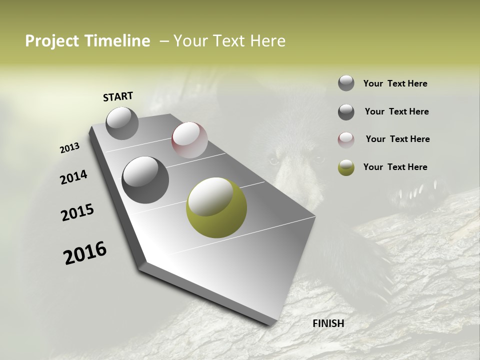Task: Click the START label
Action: (x=118, y=96)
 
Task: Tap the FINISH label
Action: (x=328, y=323)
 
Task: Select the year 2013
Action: (x=69, y=148)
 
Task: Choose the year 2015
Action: (x=77, y=212)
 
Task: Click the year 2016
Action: (x=85, y=252)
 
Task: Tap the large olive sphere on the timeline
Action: (x=216, y=207)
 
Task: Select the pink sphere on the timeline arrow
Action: (x=189, y=140)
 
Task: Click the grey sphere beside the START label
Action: (x=122, y=123)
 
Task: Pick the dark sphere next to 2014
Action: (x=145, y=180)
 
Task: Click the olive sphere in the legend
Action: (x=346, y=167)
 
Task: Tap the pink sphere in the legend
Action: (x=346, y=139)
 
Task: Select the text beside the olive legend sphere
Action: (x=395, y=167)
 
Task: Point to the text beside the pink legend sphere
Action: (x=397, y=139)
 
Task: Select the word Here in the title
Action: (x=267, y=41)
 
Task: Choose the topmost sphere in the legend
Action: (x=346, y=83)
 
